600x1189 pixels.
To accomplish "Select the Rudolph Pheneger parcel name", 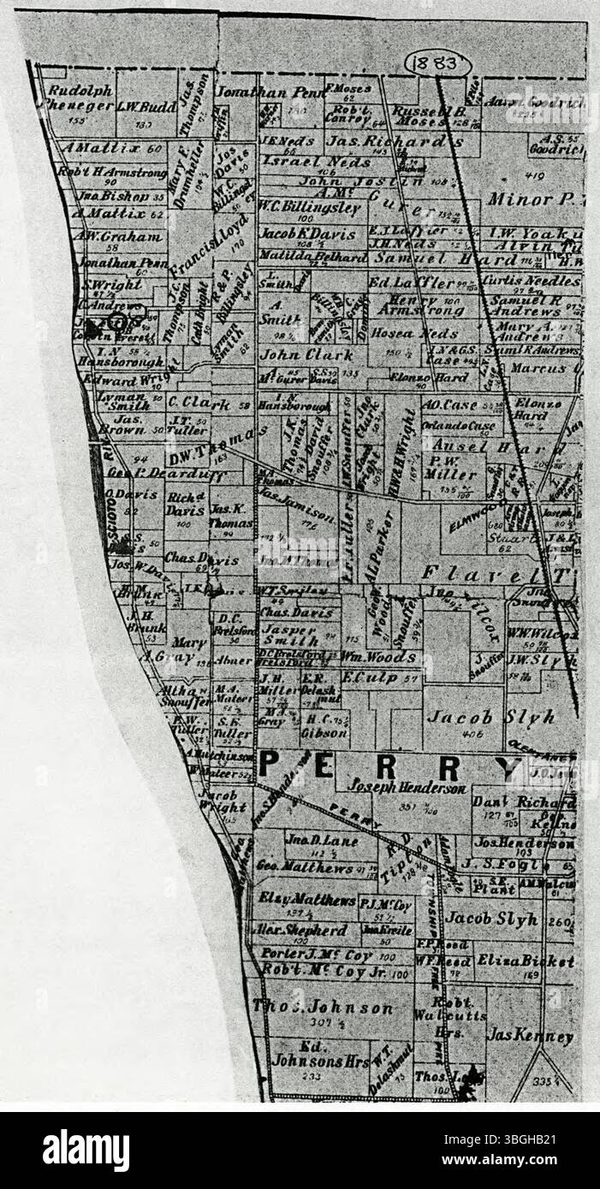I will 79,98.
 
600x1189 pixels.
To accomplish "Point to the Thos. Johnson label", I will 322,1008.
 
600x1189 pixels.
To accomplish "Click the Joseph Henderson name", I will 407,789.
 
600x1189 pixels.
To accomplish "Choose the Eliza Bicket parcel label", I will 525,961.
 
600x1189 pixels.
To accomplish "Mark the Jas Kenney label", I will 530,1036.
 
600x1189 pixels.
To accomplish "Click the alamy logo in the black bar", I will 86,1150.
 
